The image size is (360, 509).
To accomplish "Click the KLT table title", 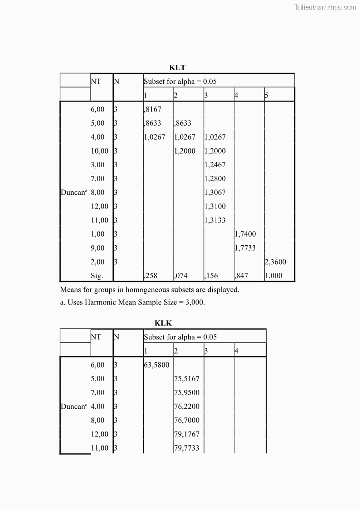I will tap(177, 68).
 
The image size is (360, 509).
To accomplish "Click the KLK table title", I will tap(163, 323).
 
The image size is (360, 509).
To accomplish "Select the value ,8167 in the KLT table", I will tap(153, 109).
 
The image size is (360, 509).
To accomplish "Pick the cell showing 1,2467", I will tap(215, 165).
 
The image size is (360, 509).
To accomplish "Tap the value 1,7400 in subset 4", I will tap(245, 234).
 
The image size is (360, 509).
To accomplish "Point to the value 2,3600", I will tap(276, 262).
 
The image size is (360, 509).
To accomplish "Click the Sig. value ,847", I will tap(242, 276).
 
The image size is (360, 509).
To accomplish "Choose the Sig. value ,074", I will tap(181, 276).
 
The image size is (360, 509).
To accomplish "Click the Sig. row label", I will tap(97, 276).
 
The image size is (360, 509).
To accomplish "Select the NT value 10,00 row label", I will tap(100, 151).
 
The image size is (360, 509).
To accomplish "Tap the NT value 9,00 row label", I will tap(97, 248).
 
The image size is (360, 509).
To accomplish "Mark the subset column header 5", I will tap(267, 95).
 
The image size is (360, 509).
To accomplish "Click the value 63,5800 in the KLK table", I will tap(156, 365).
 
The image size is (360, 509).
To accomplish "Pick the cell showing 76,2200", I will tap(187, 407).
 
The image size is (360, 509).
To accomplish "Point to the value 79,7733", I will tap(187, 448).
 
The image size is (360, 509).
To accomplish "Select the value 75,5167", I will tap(187, 379).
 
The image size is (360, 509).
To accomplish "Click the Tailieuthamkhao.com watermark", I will tap(325, 7).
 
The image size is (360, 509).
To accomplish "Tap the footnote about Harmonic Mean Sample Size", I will tap(132, 303).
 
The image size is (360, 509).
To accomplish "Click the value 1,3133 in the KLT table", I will tap(215, 220).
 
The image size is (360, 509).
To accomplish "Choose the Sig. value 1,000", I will tap(273, 276).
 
